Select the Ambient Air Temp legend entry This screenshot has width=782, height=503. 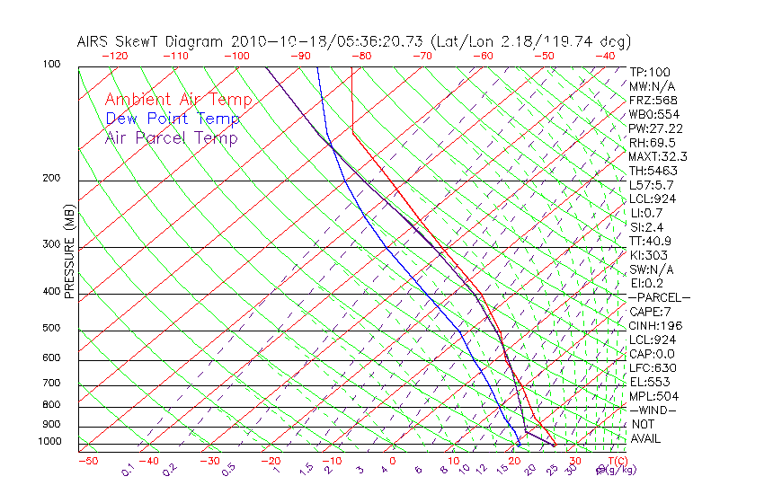[178, 100]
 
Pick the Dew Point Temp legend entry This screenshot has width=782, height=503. [173, 119]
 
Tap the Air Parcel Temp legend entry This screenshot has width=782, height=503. [171, 137]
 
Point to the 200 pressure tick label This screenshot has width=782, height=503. [52, 178]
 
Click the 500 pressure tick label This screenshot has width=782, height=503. [52, 328]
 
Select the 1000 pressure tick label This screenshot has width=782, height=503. [49, 441]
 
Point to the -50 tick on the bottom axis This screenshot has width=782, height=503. [87, 461]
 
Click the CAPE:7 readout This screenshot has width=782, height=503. [650, 312]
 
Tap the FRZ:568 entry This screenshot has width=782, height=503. [653, 100]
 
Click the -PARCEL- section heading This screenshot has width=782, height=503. [659, 297]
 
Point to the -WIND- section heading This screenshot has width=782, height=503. [653, 410]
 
